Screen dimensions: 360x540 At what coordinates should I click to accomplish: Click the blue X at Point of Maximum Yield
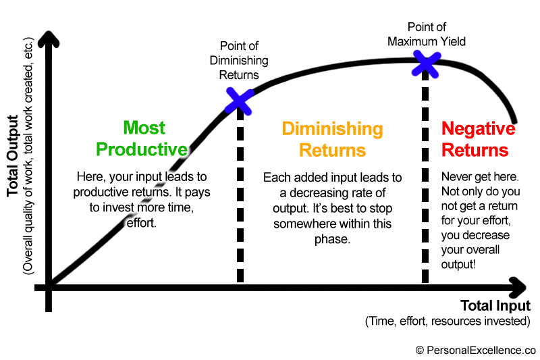(x=426, y=63)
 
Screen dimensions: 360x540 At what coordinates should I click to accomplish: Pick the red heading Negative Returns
(x=478, y=138)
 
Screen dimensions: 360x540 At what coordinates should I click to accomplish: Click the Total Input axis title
(x=495, y=305)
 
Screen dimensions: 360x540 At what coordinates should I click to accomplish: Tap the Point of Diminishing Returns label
(x=244, y=60)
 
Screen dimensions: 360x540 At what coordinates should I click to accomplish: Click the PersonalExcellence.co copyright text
(x=475, y=350)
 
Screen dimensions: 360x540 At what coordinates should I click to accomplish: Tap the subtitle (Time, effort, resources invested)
(x=448, y=321)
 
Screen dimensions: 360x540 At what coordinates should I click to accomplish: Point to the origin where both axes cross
(x=48, y=287)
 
